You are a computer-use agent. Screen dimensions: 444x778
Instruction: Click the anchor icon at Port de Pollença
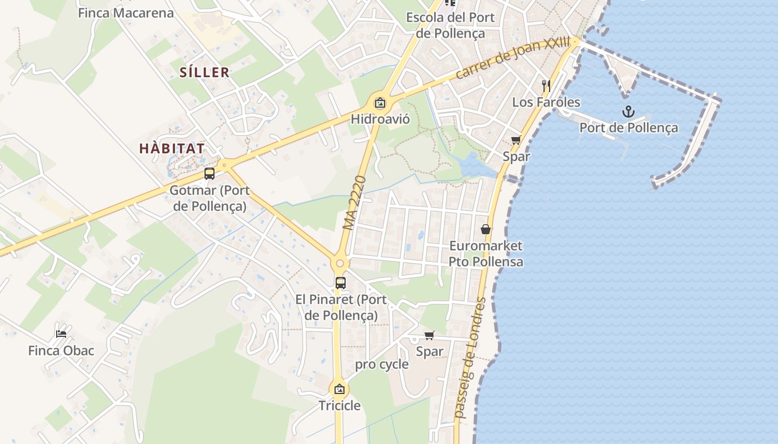click(x=628, y=112)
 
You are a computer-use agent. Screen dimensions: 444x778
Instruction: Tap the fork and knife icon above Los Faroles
click(x=546, y=85)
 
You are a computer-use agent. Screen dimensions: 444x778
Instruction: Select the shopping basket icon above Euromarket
click(x=486, y=229)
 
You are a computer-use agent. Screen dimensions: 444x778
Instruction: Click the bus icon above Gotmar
click(x=210, y=173)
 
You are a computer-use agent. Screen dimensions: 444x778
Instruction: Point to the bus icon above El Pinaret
click(x=341, y=282)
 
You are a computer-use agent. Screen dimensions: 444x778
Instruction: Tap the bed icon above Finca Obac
click(x=61, y=334)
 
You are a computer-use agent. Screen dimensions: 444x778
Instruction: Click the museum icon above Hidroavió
click(x=380, y=103)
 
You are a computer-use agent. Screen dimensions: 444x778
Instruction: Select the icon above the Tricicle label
click(x=340, y=389)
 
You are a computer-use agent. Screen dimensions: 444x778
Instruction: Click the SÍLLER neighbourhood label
click(x=205, y=72)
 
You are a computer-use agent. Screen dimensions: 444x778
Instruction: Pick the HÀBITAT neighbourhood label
click(x=172, y=149)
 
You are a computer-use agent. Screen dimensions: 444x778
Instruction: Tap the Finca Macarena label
click(x=126, y=13)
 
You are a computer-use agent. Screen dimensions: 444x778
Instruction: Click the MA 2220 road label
click(x=355, y=203)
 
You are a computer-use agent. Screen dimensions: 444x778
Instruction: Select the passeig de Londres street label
click(x=470, y=357)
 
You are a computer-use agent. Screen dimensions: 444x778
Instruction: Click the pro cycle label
click(x=382, y=365)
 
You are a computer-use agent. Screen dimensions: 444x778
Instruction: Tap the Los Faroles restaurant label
click(x=546, y=102)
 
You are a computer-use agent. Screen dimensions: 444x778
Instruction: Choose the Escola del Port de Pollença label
click(x=450, y=25)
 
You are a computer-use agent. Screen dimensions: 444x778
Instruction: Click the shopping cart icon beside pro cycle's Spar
click(x=429, y=335)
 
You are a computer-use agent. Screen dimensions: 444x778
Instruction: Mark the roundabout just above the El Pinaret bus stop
click(x=340, y=263)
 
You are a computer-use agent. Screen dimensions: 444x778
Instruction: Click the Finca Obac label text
click(x=61, y=351)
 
